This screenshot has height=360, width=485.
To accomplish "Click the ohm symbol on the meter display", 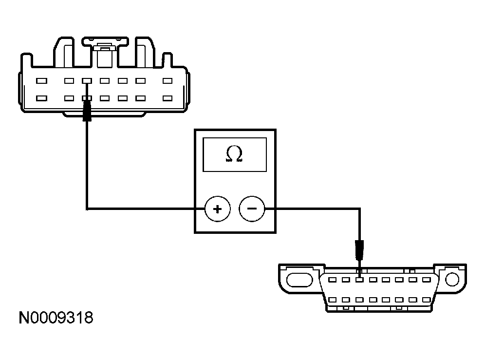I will (x=234, y=154).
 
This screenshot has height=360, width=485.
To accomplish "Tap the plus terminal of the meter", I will (x=217, y=209).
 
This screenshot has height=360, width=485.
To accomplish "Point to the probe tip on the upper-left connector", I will (x=87, y=113).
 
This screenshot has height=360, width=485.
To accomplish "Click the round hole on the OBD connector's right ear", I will (x=452, y=279).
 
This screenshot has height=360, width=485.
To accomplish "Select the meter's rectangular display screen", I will (x=235, y=154).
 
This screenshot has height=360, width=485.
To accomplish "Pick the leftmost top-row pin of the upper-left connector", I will (x=41, y=81).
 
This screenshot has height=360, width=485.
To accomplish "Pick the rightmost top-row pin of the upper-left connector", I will (x=168, y=81).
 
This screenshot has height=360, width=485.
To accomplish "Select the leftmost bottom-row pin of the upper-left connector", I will (x=41, y=98).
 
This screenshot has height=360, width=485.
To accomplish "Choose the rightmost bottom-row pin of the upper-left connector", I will (x=168, y=98).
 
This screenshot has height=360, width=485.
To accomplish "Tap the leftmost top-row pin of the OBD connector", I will (x=332, y=280).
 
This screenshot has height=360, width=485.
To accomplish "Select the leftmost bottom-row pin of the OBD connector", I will (x=332, y=300).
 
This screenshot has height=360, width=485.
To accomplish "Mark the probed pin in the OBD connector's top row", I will (x=359, y=280).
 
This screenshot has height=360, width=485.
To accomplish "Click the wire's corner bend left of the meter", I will (x=87, y=209).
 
